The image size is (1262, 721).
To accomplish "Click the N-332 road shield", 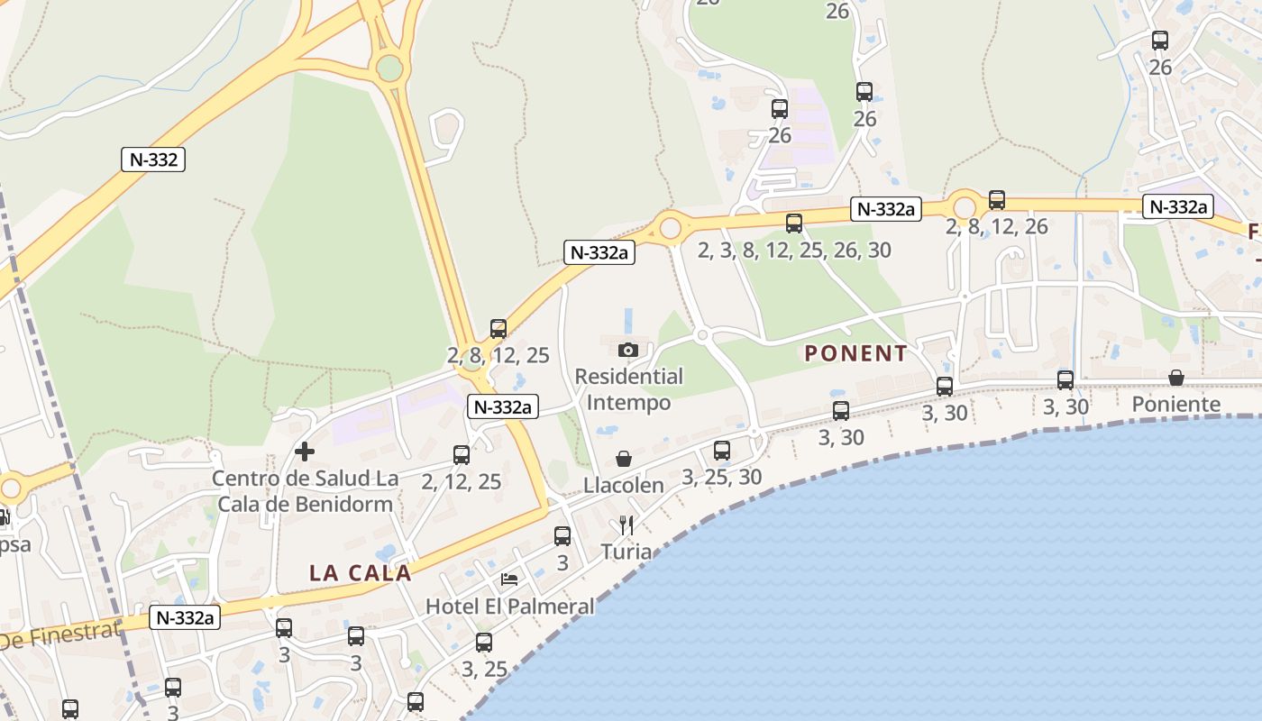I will click(x=153, y=160).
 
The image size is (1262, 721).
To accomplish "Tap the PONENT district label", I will click(x=855, y=353).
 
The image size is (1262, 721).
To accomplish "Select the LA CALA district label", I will click(x=360, y=572).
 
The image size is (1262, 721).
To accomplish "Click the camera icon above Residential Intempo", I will click(x=628, y=350).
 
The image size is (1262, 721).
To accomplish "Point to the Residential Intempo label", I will click(x=629, y=389).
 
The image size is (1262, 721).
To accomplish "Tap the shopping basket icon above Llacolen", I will click(x=623, y=460).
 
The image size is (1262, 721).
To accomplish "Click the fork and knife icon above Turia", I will click(x=626, y=525).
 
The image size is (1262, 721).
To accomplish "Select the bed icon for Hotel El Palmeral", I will click(x=509, y=580).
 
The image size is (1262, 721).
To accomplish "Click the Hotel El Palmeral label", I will click(x=510, y=607).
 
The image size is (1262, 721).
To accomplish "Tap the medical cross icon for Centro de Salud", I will click(x=305, y=451).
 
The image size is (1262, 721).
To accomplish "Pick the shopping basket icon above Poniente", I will click(x=1176, y=378).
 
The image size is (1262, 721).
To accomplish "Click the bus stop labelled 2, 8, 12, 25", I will click(x=498, y=329).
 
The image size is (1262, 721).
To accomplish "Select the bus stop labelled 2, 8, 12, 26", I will click(x=997, y=200).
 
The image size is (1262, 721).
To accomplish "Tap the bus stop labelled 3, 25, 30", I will click(x=722, y=451).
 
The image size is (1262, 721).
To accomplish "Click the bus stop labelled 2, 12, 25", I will click(x=462, y=455).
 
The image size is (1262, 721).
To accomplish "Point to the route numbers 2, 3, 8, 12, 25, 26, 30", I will click(x=794, y=250).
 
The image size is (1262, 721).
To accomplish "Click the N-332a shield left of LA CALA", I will click(x=185, y=617).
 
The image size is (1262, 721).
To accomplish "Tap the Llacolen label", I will click(x=624, y=485).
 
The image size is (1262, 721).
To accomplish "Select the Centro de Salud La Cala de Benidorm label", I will click(x=303, y=490).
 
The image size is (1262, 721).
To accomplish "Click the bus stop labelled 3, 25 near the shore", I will click(x=484, y=643).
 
